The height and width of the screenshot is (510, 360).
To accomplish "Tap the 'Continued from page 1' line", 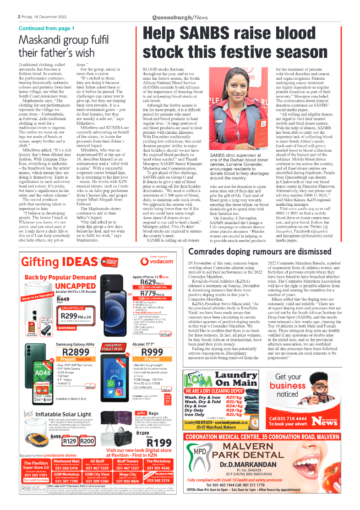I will click(x=47, y=28).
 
